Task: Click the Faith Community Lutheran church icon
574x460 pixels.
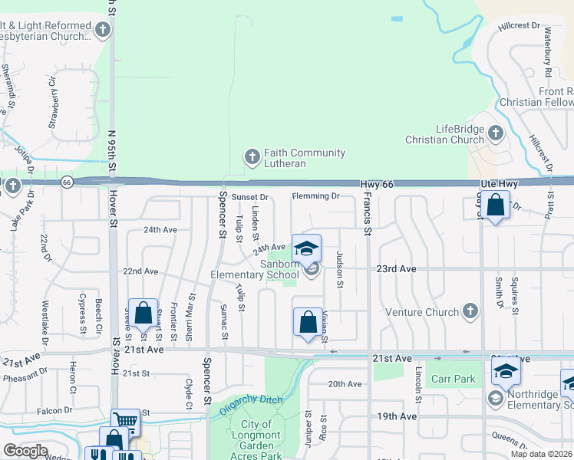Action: point(251,158)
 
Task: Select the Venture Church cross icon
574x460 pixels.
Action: point(470,311)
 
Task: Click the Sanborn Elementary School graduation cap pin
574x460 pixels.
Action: point(306,249)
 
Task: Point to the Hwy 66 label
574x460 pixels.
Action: point(377,185)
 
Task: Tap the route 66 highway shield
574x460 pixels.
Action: point(67,182)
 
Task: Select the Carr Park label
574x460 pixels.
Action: point(453,379)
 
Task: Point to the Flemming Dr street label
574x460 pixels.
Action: point(315,196)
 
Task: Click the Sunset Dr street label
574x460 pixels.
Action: point(249,197)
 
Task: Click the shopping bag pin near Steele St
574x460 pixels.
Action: point(143,313)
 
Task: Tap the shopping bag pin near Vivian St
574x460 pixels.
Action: point(308,322)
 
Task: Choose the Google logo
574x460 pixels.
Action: point(25,451)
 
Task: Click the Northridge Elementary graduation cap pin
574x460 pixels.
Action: point(506,372)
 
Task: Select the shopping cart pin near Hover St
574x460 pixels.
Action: point(126,421)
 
